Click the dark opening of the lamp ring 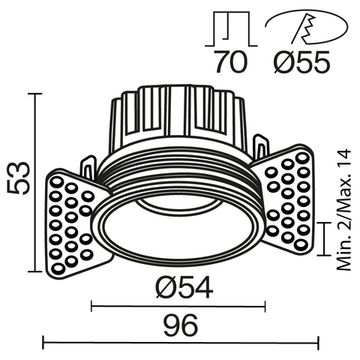pyautogui.click(x=180, y=230)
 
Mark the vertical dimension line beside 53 pyautogui.click(x=38, y=184)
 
